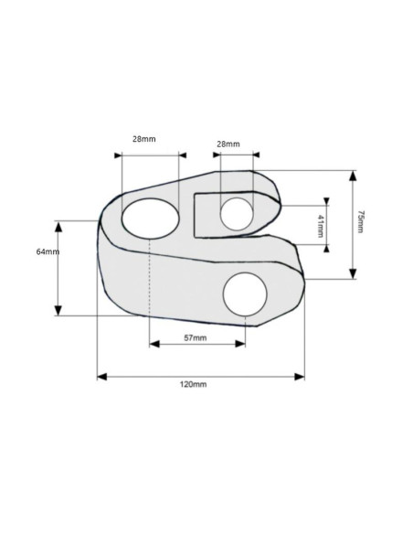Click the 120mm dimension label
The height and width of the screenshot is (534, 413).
[193, 384]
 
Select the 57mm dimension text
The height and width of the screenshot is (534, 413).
[196, 338]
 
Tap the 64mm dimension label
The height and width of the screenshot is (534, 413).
[48, 251]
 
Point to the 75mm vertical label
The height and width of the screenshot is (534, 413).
[360, 221]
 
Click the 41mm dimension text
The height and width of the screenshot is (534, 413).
[320, 226]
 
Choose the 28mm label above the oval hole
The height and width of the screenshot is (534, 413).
[143, 139]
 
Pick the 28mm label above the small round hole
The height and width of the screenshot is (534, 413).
[228, 144]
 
